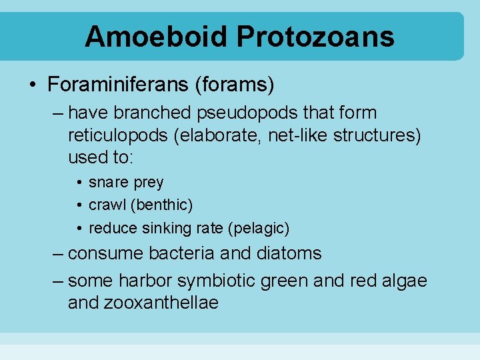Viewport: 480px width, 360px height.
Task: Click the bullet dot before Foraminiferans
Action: click(x=33, y=85)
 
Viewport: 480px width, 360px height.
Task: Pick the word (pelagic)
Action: click(x=259, y=228)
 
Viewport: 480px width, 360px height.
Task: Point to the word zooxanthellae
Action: click(x=161, y=303)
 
